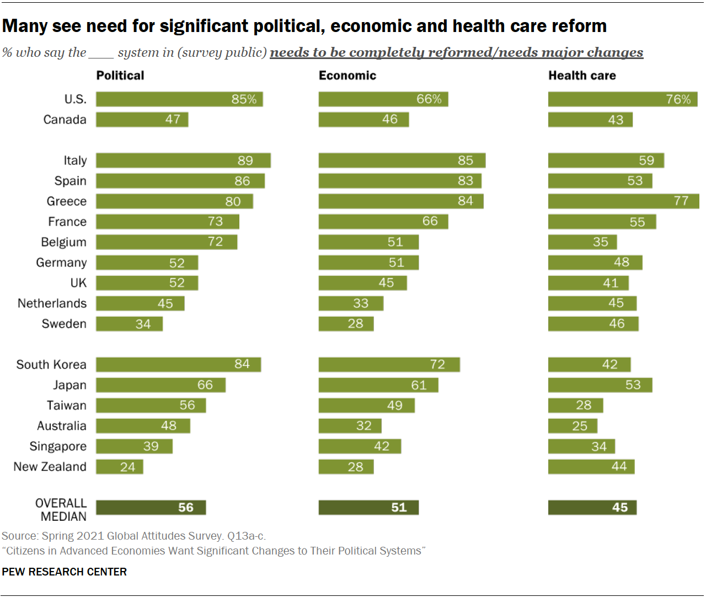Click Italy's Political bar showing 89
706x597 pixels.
183,161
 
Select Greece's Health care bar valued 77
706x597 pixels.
623,201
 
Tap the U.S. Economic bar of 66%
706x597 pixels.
383,99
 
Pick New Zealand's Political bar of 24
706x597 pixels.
120,467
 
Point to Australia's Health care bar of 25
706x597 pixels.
573,426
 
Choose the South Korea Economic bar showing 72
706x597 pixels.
389,365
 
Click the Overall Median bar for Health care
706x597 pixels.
592,508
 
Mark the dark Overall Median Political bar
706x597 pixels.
151,508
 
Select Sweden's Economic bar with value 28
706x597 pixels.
346,324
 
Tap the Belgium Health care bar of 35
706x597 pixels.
582,242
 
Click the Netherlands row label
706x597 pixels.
52,303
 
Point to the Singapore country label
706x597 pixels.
58,446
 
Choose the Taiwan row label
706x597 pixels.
67,406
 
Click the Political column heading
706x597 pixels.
120,76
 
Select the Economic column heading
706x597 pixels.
347,76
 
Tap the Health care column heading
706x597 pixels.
582,76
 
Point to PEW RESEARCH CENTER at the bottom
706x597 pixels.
65,572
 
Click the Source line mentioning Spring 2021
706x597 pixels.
133,536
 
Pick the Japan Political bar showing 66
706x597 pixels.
161,385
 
